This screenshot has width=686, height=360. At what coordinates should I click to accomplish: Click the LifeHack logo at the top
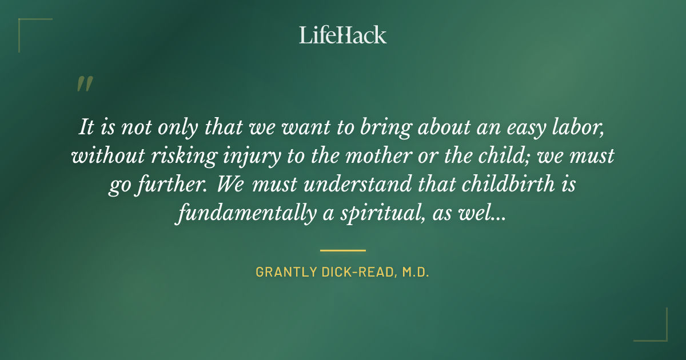342,35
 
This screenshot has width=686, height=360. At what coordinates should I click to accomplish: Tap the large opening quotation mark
84,85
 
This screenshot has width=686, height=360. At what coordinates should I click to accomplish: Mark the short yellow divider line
342,250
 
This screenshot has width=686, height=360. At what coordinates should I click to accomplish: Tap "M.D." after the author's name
414,273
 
